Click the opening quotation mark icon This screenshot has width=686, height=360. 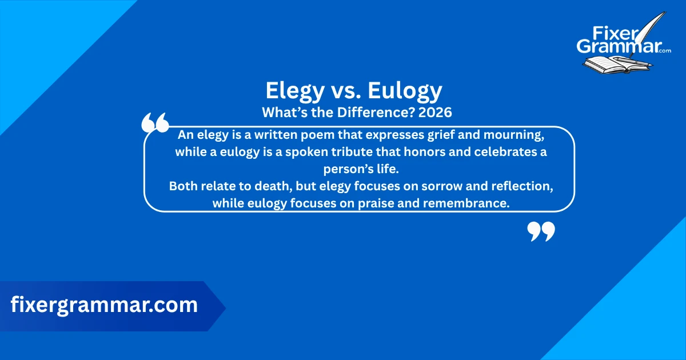click(155, 122)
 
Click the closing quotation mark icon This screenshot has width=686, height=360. click(540, 231)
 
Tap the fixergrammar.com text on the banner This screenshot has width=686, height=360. click(104, 305)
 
